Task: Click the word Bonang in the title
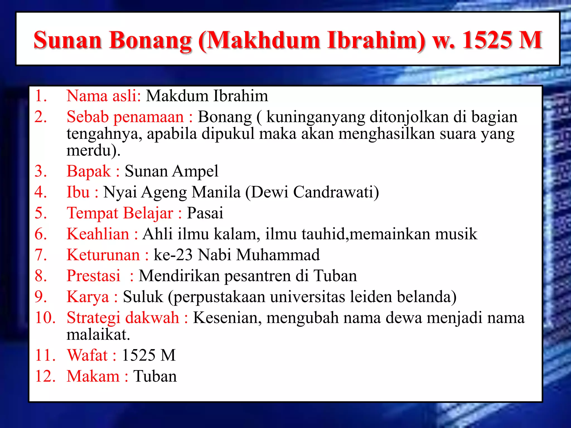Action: [150, 40]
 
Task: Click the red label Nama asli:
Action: [104, 96]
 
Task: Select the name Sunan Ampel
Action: [171, 171]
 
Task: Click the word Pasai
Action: [205, 213]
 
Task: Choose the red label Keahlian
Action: [98, 234]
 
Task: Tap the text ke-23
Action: [173, 255]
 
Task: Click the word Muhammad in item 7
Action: [278, 255]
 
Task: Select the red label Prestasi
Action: [94, 276]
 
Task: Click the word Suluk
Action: [143, 296]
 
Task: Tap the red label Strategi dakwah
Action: [123, 317]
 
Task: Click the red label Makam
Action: [93, 376]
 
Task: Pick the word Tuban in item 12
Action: [155, 376]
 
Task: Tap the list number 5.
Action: [41, 213]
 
